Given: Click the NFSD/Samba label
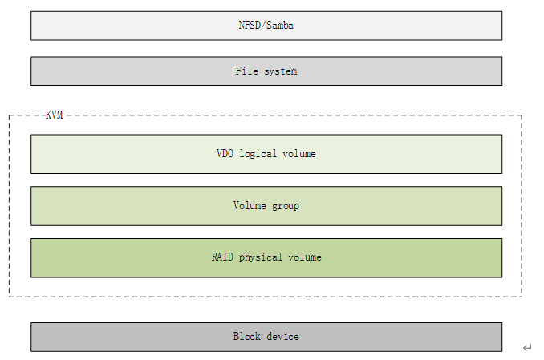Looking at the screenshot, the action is tap(266, 26).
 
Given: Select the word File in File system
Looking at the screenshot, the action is tap(246, 71).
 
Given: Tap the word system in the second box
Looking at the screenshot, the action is tap(281, 72).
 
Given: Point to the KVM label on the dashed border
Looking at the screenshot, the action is tap(55, 115).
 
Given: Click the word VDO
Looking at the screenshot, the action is tap(225, 153).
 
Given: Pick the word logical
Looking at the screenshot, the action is tap(258, 154).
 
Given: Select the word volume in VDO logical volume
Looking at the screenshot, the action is tap(299, 154).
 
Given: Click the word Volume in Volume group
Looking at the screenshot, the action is tap(250, 205).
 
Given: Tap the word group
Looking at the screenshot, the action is tap(286, 206).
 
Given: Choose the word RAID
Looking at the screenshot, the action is tap(222, 257).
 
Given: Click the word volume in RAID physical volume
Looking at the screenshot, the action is tap(305, 257).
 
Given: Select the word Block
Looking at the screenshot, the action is tap(246, 336).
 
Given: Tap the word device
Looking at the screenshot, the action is tap(282, 336).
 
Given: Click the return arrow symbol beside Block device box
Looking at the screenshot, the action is tap(527, 347).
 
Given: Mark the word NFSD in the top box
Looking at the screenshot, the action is tap(250, 26).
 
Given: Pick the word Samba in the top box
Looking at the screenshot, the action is tap(280, 26).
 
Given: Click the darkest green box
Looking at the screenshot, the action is tap(266, 257).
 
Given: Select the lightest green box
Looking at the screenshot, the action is tap(266, 154).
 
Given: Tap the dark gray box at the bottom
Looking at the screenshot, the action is tap(266, 337).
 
